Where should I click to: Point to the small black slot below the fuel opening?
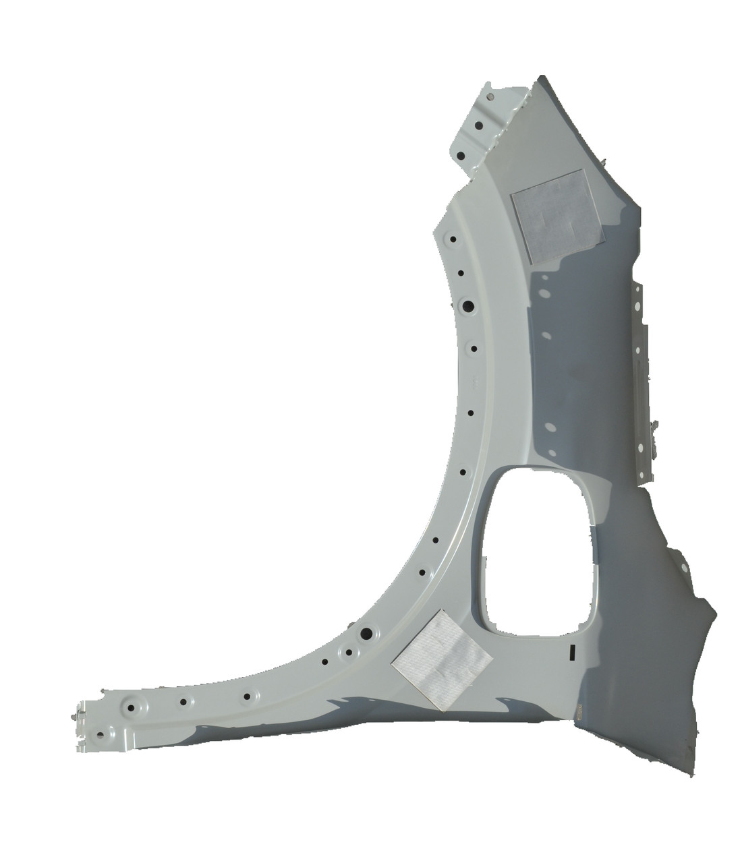coord(571,651)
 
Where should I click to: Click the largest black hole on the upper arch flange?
coord(466,306)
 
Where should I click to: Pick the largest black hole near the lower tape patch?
coord(366,634)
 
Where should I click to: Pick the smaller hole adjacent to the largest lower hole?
coord(348,652)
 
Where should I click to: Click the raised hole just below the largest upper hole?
coord(474,349)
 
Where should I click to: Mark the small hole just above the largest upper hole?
coord(461,273)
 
